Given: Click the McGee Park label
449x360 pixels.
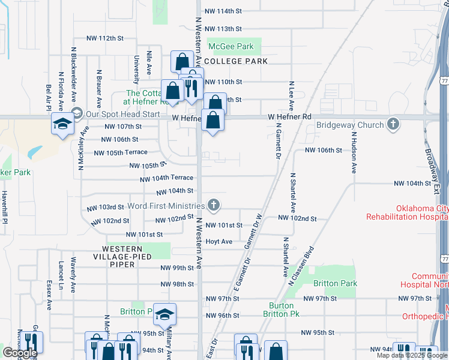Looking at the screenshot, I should click(231, 46).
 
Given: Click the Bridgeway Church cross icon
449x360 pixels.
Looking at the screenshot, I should click(393, 124).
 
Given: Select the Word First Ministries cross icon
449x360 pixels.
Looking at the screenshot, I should click(213, 205).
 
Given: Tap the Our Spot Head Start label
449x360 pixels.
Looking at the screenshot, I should click(122, 114).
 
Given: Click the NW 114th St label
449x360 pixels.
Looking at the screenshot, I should click(223, 11).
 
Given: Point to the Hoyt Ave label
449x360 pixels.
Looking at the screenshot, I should click(218, 241).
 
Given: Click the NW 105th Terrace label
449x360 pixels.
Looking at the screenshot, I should click(121, 152).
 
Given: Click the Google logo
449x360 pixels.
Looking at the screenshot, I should click(20, 353).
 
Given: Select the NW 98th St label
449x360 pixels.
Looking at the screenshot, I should click(177, 284).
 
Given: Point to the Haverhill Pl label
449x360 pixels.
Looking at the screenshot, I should click(5, 207).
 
